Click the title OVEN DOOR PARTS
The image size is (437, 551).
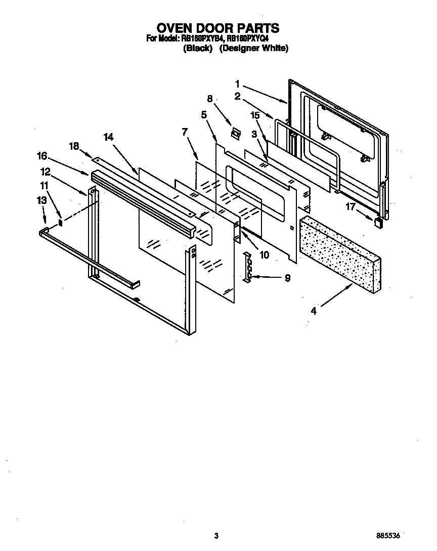(218, 27)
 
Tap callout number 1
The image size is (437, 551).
(237, 84)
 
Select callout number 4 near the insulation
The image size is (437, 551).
(314, 311)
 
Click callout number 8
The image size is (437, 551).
(210, 99)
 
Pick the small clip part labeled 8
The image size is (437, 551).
(235, 133)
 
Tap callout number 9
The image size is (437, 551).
(287, 278)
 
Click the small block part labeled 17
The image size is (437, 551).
(377, 222)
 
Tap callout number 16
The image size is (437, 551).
(42, 155)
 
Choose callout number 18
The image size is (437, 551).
(74, 146)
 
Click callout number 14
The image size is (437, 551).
(109, 137)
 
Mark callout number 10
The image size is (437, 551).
(264, 255)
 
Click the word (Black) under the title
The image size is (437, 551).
(197, 49)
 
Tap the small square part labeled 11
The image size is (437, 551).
(61, 221)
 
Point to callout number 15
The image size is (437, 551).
(256, 115)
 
